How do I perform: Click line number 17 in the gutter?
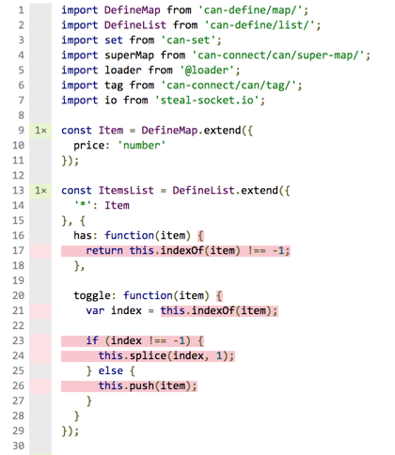(18, 251)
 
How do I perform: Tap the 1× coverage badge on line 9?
(40, 131)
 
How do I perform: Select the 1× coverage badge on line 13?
(40, 191)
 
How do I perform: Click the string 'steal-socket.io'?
(207, 101)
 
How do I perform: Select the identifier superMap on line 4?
(129, 55)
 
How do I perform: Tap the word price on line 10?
(88, 146)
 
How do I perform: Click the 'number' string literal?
(141, 146)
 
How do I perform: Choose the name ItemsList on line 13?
(126, 191)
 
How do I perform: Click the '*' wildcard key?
(83, 204)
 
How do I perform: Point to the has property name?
(83, 235)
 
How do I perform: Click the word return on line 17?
(104, 251)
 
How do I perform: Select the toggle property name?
(92, 296)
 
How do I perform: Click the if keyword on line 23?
(92, 340)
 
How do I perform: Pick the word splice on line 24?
(148, 356)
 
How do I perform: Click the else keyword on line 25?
(110, 370)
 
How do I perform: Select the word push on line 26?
(141, 386)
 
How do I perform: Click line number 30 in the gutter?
(18, 446)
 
